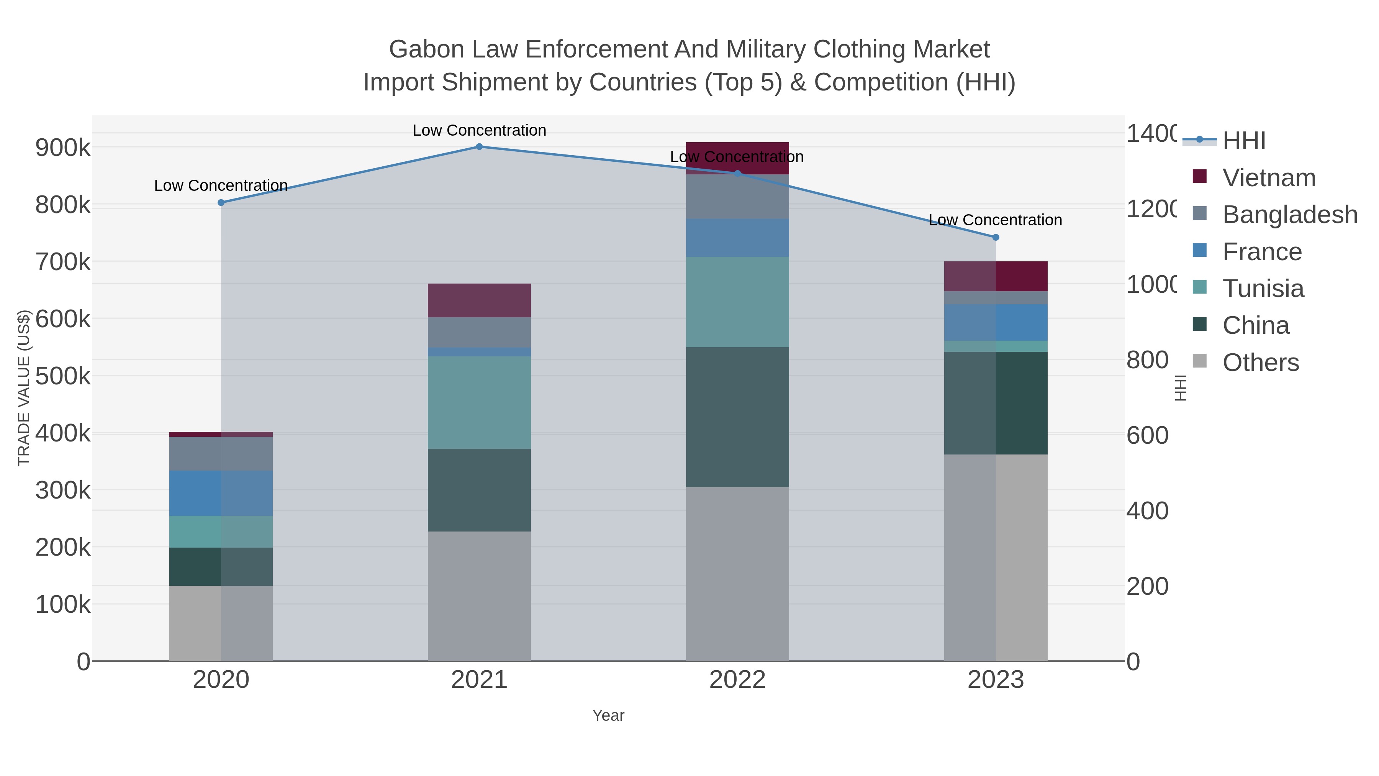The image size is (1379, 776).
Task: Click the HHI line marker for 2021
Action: pos(479,147)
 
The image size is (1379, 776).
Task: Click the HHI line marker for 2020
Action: pos(221,202)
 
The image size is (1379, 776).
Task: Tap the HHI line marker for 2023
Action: pos(996,237)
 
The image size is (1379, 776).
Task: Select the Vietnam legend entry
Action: pos(1269,178)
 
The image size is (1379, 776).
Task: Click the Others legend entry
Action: pos(1260,363)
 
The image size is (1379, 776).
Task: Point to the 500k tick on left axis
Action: pos(63,376)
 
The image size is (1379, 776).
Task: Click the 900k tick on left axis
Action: pos(63,148)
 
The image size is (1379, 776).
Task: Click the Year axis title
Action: pos(608,715)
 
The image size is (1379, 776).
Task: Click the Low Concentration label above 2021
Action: pos(479,130)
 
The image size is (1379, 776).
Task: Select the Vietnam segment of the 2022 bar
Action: pos(737,158)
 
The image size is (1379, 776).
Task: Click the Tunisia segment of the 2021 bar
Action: pos(479,402)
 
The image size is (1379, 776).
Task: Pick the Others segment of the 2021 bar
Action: pos(479,596)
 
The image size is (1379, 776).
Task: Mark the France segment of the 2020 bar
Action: pos(221,493)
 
